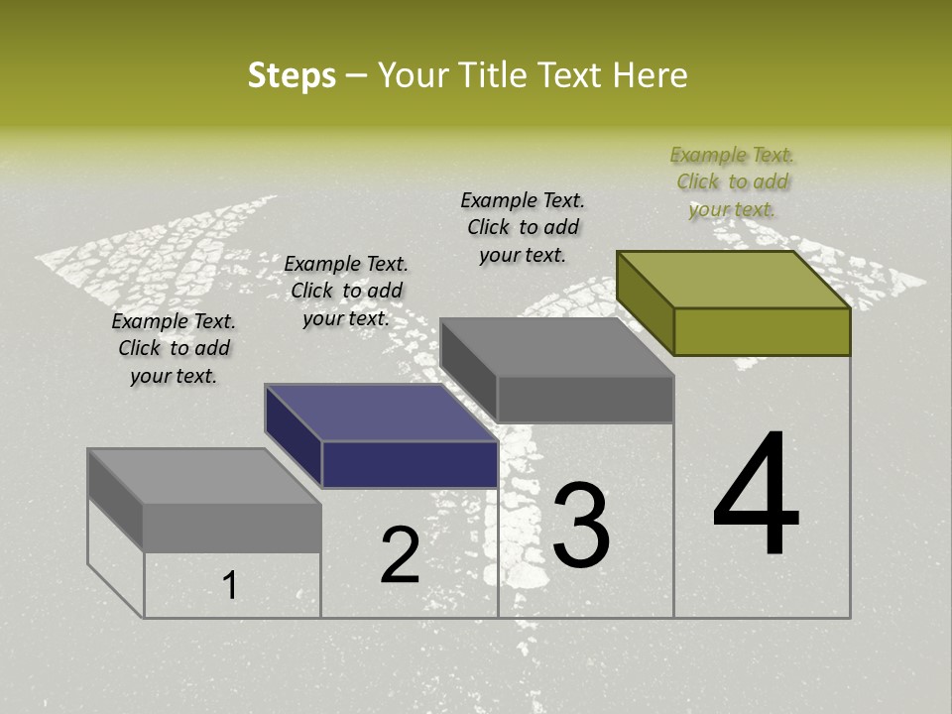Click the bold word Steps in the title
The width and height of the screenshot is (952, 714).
[x=292, y=75]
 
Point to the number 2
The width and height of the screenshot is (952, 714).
[x=400, y=556]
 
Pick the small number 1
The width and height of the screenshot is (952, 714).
[x=229, y=586]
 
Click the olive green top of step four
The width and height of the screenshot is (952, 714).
[x=734, y=280]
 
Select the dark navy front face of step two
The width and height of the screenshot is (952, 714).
[x=410, y=464]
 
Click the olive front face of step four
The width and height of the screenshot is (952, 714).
[x=762, y=331]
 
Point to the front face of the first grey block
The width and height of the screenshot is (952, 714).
[x=232, y=528]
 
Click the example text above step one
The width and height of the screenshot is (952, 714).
[x=174, y=348]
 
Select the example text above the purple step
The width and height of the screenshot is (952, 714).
[x=346, y=291]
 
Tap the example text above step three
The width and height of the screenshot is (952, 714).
[x=523, y=227]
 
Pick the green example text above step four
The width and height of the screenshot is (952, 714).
[x=732, y=181]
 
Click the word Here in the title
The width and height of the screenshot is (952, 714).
[x=650, y=75]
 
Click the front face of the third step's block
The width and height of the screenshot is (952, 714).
[x=585, y=400]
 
